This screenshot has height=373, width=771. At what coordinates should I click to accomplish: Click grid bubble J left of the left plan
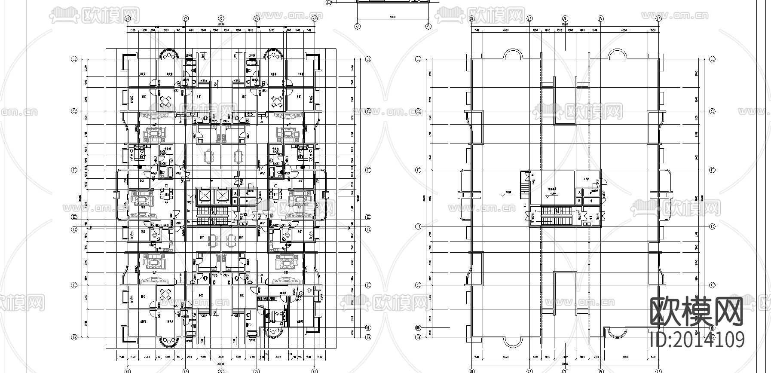point(74,59)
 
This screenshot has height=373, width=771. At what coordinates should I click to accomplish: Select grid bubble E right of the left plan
point(368,217)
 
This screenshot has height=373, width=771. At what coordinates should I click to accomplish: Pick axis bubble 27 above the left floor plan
point(314,18)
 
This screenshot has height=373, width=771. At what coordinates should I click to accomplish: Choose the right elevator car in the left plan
point(222,196)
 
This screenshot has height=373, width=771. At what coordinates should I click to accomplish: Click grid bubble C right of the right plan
point(712,285)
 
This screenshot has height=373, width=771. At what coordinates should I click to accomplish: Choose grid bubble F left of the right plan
point(418,170)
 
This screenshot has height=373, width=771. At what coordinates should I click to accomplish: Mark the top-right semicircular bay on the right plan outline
point(618,53)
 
